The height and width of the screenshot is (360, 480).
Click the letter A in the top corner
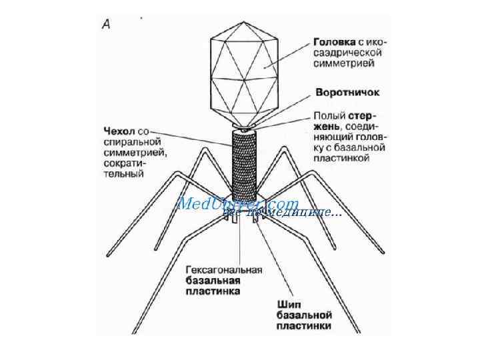pos(107,24)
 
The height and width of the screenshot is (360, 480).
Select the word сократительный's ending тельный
pos(125,175)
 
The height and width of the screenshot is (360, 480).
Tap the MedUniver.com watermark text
pos(237,203)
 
